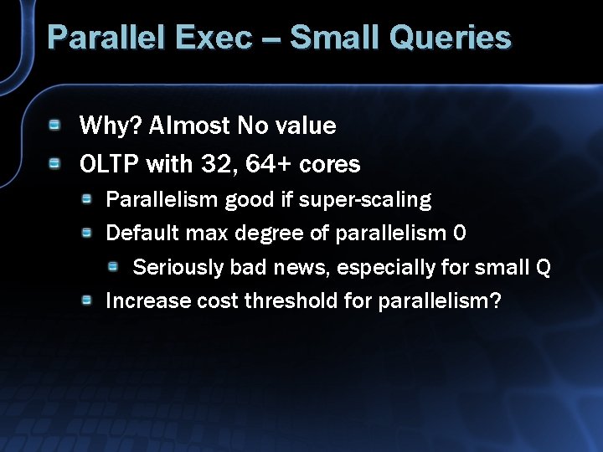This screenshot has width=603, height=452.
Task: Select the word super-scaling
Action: pos(365,200)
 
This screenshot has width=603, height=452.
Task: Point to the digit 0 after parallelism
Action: pos(459,234)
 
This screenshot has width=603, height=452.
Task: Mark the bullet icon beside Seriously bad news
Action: pos(113,266)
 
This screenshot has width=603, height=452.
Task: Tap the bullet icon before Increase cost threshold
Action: pos(86,300)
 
